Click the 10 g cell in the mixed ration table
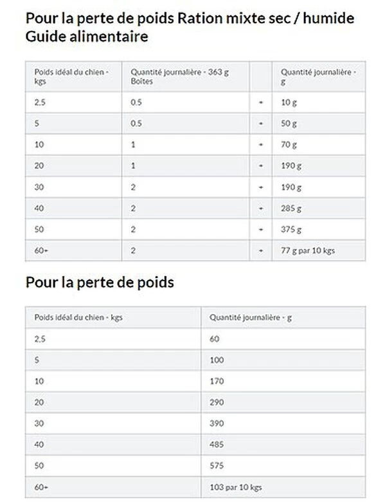tap(289, 102)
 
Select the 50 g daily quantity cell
tap(289, 124)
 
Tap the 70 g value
tap(289, 145)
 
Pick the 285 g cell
tap(291, 209)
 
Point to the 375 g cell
tap(291, 230)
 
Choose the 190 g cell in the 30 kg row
tap(291, 187)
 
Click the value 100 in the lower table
tap(217, 360)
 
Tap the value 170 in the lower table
tap(217, 381)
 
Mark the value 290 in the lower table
tap(217, 402)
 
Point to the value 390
tap(217, 423)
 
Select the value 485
tap(217, 445)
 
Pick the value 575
tap(217, 466)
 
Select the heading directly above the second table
tap(100, 282)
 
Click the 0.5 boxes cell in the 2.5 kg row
tap(136, 102)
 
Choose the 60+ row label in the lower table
tap(40, 487)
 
